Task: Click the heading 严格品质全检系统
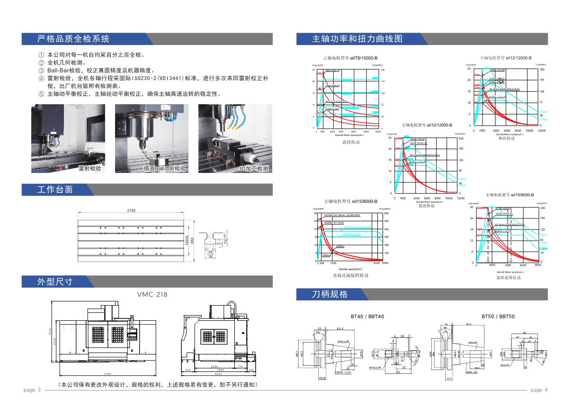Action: point(73,39)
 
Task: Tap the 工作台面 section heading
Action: point(55,190)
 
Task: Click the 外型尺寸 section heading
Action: point(55,281)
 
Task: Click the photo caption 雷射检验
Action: point(90,168)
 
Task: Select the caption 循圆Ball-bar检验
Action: point(165,168)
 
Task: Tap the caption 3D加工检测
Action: point(253,168)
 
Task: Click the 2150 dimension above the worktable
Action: point(131,210)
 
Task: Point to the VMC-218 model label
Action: point(152,294)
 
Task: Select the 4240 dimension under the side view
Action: point(218,374)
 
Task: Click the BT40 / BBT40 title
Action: point(367,316)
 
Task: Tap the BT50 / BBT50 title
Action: point(498,316)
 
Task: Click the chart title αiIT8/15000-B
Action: point(350,57)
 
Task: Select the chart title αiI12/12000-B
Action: point(506,57)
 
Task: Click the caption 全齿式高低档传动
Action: point(350,275)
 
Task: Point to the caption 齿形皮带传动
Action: point(508,278)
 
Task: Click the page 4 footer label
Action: point(539,390)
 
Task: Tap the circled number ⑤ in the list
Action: point(41,94)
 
